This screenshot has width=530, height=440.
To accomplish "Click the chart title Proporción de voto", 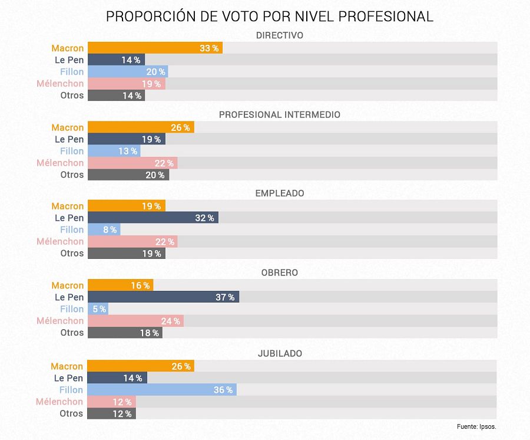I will click(x=269, y=17).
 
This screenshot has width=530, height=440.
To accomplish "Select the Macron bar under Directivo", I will click(x=155, y=48).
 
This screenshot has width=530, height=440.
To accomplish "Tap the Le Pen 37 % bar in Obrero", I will click(x=163, y=297).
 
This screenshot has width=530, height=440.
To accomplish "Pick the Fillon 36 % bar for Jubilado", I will click(x=162, y=390).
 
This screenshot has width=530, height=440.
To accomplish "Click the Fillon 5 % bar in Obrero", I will click(x=98, y=309).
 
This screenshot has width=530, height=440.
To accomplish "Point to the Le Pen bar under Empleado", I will click(x=153, y=218).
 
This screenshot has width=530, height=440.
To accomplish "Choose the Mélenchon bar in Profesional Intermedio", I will click(x=132, y=163).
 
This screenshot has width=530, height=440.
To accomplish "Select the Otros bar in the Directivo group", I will click(x=116, y=96).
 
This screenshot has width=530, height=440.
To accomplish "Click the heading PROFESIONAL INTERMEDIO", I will click(x=279, y=114).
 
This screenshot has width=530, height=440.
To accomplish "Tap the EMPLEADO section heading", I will click(x=279, y=193).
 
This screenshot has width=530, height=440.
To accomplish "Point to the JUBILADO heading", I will click(x=280, y=353).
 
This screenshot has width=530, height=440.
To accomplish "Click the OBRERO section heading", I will click(x=279, y=272).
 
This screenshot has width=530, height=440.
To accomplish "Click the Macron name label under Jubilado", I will click(x=67, y=366).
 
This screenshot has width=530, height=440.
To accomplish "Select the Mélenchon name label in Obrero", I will click(x=60, y=321).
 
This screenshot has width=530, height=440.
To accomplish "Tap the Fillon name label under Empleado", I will click(x=72, y=229).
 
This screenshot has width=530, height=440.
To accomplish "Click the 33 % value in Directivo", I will click(x=208, y=48).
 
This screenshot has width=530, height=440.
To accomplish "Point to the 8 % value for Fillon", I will click(x=110, y=230).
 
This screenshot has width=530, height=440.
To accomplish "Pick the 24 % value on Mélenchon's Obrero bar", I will click(x=170, y=321).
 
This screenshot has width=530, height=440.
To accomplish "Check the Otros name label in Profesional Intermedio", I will click(x=72, y=175).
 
